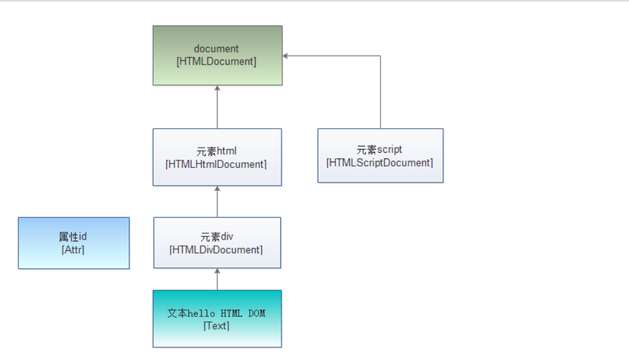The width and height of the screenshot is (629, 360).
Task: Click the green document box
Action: [217, 72]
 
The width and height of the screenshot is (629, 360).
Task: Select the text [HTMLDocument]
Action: [217, 61]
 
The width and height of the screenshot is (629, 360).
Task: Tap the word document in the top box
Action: [217, 49]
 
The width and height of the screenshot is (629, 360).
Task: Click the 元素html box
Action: [217, 175]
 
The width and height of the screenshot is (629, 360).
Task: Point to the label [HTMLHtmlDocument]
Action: [217, 164]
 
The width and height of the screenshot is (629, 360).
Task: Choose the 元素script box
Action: [380, 173]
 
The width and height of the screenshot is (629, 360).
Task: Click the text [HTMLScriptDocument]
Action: [380, 162]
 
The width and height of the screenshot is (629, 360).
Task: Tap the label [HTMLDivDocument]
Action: [216, 250]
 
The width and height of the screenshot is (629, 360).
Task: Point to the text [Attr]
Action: [73, 250]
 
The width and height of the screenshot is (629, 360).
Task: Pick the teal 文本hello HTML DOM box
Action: [217, 337]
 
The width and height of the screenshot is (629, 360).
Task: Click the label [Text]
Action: [216, 326]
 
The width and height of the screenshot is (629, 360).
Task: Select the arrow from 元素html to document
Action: [217, 108]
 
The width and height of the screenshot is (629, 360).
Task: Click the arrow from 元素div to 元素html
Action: [217, 202]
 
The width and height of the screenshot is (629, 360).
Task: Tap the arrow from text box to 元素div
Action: [217, 280]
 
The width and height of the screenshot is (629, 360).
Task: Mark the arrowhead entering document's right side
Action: [286, 56]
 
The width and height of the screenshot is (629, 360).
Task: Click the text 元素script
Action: [379, 150]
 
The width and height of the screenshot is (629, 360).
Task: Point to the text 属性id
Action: [73, 237]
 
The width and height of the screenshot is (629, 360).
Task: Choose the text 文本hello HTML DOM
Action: [216, 313]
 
